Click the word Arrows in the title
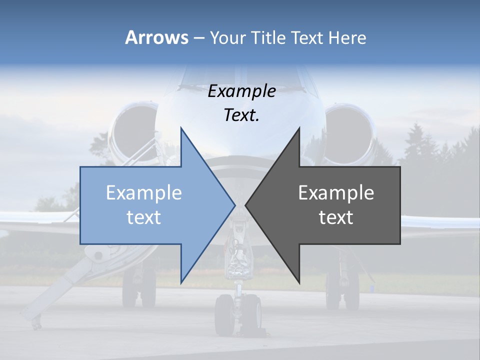pyautogui.click(x=156, y=38)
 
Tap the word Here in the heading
pyautogui.click(x=347, y=38)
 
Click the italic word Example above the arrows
pyautogui.click(x=241, y=91)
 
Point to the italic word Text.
pyautogui.click(x=241, y=115)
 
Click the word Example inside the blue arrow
pyautogui.click(x=144, y=193)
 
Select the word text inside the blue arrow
pyautogui.click(x=144, y=217)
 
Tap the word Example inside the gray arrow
pyautogui.click(x=336, y=193)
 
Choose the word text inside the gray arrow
pyautogui.click(x=336, y=217)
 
